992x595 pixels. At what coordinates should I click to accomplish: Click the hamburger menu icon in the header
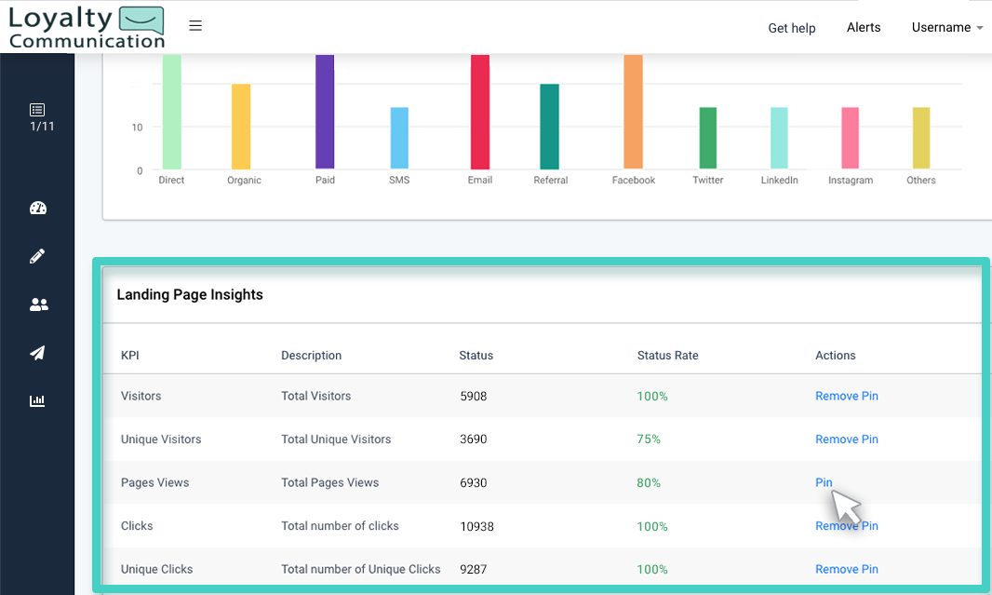tap(195, 26)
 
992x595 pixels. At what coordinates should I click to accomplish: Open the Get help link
tap(791, 28)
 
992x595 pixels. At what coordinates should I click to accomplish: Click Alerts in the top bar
tap(863, 27)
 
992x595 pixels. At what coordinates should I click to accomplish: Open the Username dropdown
tap(946, 27)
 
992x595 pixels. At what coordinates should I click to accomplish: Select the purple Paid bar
tap(325, 112)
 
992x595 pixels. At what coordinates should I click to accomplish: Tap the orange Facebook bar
tap(633, 112)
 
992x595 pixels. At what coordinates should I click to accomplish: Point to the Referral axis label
tap(550, 181)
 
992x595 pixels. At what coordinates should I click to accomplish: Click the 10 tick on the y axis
tap(137, 128)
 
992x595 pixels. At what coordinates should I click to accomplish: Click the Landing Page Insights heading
tap(190, 295)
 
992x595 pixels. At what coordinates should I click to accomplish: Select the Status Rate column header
tap(667, 356)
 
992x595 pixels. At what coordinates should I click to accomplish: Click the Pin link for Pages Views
tap(824, 482)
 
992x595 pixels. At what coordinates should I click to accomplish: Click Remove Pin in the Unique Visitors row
tap(846, 439)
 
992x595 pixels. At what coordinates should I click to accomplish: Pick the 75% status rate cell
tap(649, 439)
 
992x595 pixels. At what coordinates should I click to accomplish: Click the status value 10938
tap(476, 526)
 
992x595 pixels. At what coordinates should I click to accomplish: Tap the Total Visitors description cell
tap(315, 396)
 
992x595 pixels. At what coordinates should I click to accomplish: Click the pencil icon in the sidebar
tap(37, 256)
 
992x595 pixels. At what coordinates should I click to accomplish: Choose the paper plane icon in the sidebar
tap(37, 353)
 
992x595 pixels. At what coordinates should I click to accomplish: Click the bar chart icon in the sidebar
tap(37, 401)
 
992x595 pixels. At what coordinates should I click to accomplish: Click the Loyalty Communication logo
tap(86, 27)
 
